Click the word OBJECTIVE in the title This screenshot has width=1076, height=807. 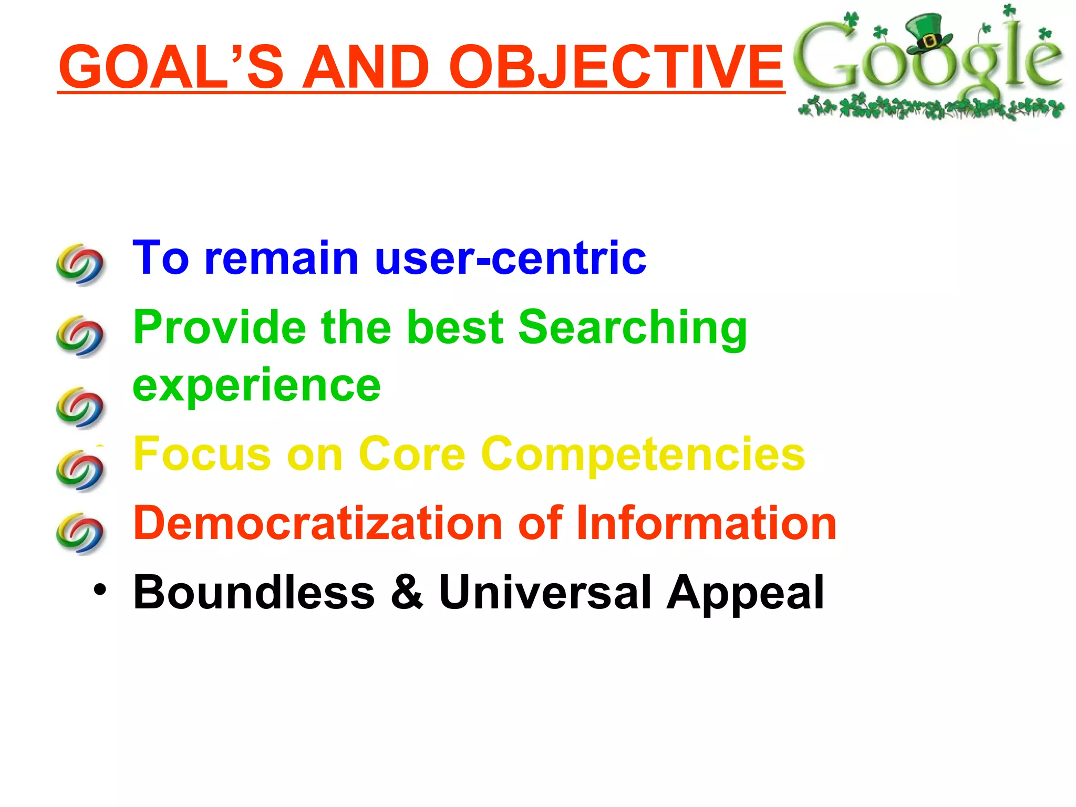coord(616,67)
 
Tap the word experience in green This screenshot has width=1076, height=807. coord(256,385)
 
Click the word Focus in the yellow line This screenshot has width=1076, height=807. coord(202,454)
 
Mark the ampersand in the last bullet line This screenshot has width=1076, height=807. coord(406,593)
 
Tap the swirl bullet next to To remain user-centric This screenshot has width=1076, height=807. coord(80,264)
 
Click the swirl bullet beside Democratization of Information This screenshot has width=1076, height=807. coord(80,533)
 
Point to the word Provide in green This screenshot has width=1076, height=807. coord(219,328)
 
